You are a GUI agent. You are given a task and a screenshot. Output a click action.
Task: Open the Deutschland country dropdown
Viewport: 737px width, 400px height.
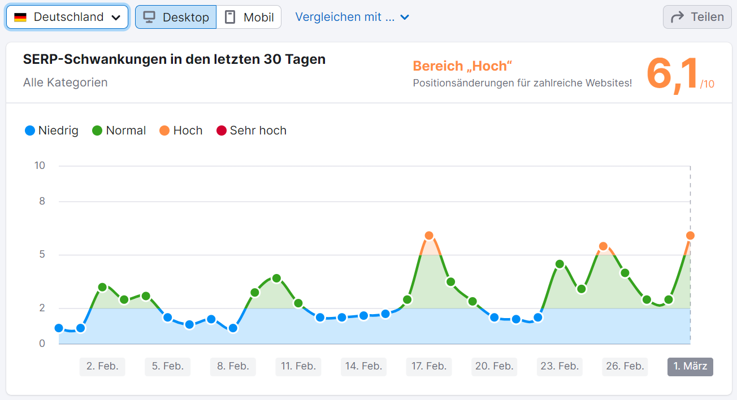pos(67,17)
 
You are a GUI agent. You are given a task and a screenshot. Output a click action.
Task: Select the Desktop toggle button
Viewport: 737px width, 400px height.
pos(176,17)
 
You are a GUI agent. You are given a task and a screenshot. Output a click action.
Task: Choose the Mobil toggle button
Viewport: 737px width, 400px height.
pos(249,17)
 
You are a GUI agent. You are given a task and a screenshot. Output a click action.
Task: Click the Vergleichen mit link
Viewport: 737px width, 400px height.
pos(352,17)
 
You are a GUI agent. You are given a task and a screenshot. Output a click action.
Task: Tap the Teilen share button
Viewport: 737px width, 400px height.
pos(697,17)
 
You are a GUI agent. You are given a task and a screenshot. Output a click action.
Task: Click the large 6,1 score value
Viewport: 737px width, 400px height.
pos(673,73)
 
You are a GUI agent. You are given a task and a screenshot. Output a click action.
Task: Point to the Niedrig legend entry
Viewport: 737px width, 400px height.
pos(51,131)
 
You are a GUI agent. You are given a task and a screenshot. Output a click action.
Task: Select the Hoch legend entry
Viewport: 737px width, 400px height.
pos(181,131)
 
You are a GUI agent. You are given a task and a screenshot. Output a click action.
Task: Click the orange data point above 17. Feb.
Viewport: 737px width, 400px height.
pos(429,236)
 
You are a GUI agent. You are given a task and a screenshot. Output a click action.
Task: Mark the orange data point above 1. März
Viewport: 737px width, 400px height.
pos(690,236)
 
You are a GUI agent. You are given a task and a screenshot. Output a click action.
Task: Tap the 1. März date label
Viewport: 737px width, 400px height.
pos(690,366)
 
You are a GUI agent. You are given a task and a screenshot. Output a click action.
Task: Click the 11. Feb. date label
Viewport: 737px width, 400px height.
pos(298,366)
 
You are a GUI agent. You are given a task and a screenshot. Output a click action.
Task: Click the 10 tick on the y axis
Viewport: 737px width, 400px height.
pos(40,166)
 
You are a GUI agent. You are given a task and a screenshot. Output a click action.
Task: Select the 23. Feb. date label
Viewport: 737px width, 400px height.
pos(560,366)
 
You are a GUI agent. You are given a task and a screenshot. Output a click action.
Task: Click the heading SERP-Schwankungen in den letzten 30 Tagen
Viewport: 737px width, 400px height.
pos(174,59)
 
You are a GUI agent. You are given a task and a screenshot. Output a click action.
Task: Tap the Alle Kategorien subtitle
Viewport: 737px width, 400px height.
pos(65,82)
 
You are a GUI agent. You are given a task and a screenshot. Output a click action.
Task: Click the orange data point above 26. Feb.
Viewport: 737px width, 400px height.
pos(603,246)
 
